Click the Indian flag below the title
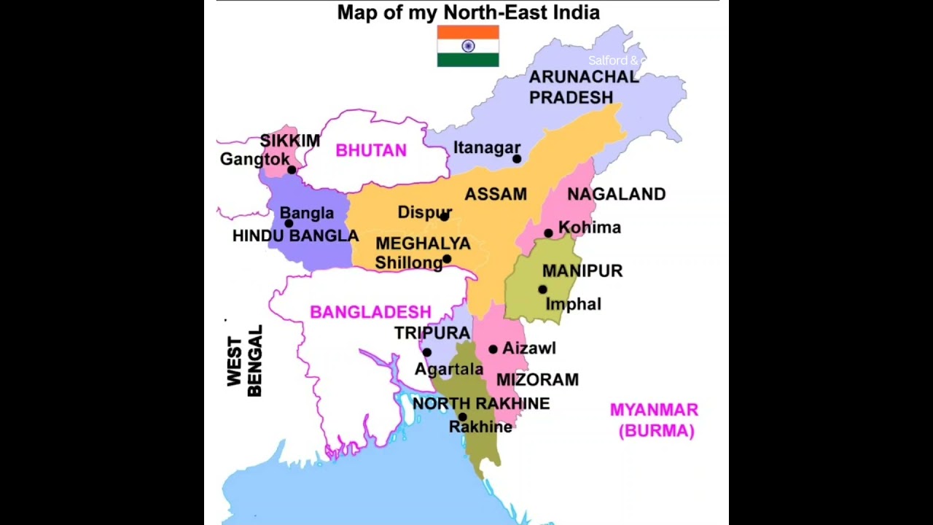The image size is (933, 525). (468, 46)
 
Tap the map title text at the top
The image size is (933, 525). (468, 12)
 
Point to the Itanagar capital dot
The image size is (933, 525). (517, 158)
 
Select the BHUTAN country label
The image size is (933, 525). (371, 150)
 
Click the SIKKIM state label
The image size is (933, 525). (289, 141)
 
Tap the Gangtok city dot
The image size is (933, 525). (292, 170)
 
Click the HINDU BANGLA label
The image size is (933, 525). (295, 236)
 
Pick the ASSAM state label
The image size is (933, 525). (496, 194)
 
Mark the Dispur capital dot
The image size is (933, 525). (444, 216)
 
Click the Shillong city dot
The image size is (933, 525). (447, 259)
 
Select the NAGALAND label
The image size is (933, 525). (616, 194)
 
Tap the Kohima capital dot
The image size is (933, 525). (548, 233)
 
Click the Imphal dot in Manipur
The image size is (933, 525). (542, 289)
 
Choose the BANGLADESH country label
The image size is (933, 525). (370, 312)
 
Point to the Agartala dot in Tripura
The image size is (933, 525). (426, 352)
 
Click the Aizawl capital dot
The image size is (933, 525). (493, 349)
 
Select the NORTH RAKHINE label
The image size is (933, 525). (481, 403)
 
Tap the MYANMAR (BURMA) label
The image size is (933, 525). (655, 420)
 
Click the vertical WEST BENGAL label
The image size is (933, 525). (244, 362)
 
